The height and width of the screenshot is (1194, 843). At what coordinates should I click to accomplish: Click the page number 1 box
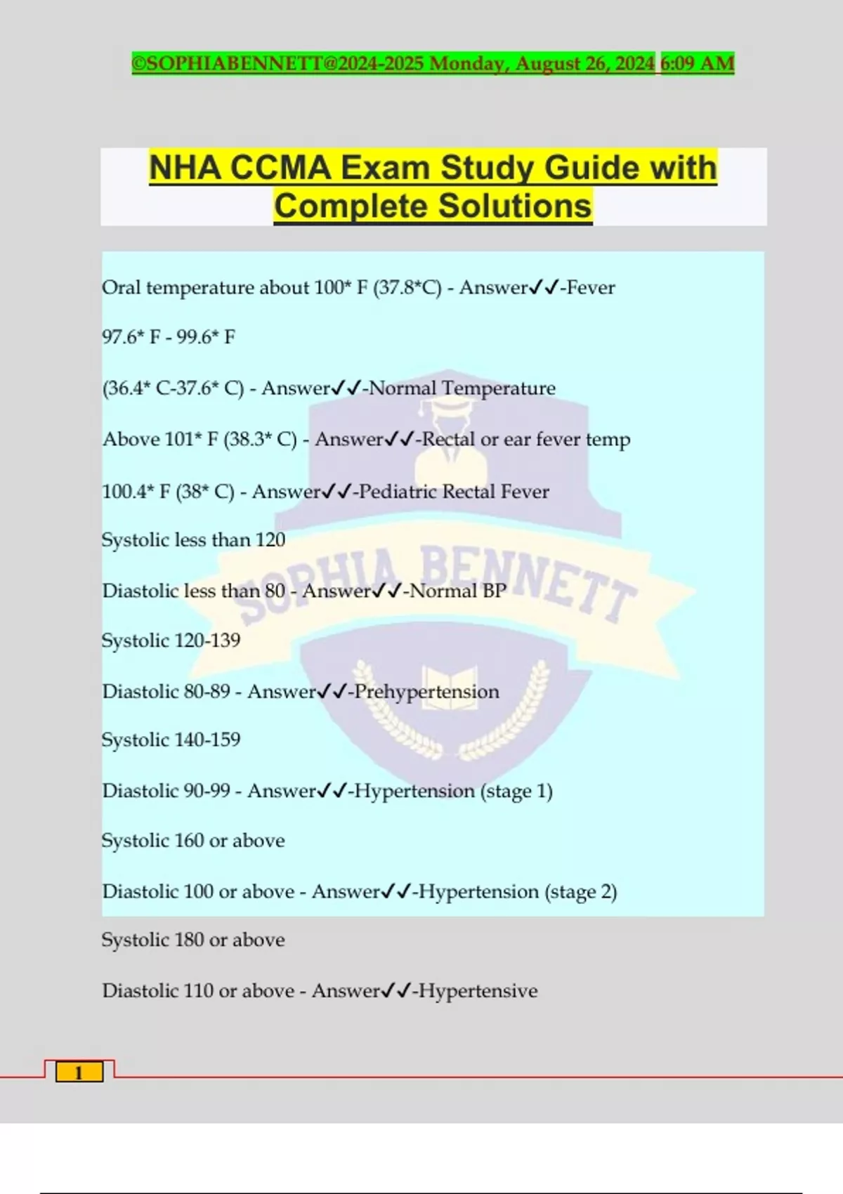(79, 1072)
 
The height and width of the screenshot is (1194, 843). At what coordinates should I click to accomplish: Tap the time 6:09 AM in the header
(698, 63)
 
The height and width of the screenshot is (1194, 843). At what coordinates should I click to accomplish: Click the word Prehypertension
(427, 691)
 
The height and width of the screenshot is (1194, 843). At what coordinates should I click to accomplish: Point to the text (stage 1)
(516, 791)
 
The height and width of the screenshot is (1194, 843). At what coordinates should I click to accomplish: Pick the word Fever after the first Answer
(591, 287)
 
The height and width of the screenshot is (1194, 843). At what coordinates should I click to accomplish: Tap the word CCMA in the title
(280, 169)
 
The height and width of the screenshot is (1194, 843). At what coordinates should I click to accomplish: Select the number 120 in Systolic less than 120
(270, 539)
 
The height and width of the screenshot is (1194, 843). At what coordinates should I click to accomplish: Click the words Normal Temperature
(462, 388)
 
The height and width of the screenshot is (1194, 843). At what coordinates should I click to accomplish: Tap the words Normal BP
(458, 591)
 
